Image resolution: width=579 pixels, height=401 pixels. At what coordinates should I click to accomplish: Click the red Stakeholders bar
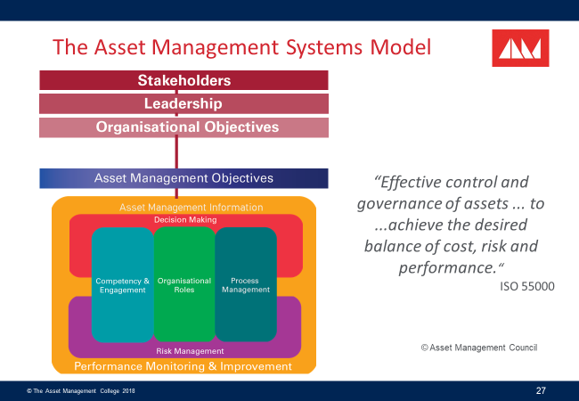(x=183, y=80)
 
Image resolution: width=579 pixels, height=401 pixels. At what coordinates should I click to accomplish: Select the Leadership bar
(x=183, y=103)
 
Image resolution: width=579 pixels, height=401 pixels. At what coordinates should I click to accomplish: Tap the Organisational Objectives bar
(x=183, y=127)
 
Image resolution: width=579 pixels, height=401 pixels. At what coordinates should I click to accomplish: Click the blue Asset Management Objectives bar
(x=183, y=178)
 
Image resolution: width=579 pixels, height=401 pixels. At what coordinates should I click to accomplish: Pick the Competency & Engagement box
(x=123, y=285)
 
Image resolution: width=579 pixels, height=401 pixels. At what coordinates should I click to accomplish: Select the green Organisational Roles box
(x=184, y=285)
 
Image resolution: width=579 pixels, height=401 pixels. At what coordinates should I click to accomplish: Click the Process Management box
(x=245, y=285)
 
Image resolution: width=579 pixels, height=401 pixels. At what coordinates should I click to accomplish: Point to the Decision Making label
(x=184, y=219)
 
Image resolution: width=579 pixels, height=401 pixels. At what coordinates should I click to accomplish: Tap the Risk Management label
(x=184, y=351)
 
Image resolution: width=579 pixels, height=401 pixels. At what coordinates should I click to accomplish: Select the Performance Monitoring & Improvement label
(x=184, y=366)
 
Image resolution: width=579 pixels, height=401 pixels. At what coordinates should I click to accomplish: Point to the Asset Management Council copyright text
(x=479, y=347)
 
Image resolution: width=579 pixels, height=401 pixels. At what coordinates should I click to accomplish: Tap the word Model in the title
(x=400, y=46)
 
